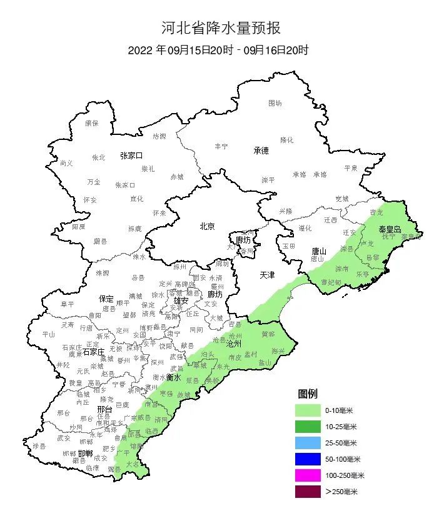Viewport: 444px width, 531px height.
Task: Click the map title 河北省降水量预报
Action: [221, 27]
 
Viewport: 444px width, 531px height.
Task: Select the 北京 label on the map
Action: [207, 226]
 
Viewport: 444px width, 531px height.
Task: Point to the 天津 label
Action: [267, 275]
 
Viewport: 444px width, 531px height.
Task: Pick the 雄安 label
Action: [181, 300]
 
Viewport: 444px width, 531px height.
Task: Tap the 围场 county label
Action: [275, 103]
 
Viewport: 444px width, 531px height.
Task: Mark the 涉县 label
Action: [39, 445]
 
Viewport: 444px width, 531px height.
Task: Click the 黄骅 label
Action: [268, 334]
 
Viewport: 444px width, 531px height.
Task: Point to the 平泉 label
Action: [351, 168]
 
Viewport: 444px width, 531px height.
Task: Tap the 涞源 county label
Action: [102, 273]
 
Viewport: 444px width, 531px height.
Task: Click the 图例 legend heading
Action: [308, 394]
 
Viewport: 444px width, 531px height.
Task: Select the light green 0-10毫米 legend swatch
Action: [308, 410]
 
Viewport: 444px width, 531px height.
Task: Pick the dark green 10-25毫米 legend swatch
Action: [308, 427]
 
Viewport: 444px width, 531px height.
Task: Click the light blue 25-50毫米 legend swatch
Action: [308, 443]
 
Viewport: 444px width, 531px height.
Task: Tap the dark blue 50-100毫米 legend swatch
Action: [308, 459]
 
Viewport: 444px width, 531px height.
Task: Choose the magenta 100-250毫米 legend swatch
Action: [308, 475]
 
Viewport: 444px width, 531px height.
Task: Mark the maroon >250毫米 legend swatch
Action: [308, 492]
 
